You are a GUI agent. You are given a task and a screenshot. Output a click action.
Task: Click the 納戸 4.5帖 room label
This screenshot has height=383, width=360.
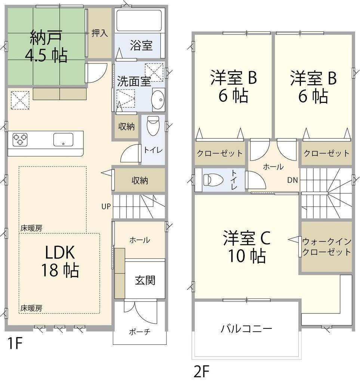pos(46,46)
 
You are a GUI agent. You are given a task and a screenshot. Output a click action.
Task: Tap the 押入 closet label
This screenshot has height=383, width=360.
pos(99,33)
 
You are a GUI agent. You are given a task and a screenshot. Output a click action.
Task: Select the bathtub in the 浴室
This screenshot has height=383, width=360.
pos(138,21)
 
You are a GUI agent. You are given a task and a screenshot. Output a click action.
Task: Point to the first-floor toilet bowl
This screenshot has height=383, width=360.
pos(153,126)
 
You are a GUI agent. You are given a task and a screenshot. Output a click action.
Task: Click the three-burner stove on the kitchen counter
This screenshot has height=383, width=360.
pos(20,140)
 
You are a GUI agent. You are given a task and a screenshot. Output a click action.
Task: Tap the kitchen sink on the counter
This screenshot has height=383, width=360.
pos(63,140)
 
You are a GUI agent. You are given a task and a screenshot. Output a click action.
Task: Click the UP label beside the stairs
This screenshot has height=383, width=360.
pos(106,206)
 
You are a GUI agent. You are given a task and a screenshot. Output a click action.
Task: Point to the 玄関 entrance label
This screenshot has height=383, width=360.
pos(145,280)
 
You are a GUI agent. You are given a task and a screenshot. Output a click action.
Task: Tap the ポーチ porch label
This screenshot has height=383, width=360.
pos(139,332)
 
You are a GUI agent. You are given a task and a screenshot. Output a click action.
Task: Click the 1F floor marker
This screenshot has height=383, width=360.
pos(15,343)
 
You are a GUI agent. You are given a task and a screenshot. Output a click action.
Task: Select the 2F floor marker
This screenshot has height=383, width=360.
pos(201,371)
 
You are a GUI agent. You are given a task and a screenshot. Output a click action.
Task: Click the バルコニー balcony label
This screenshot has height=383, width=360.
pos(246,329)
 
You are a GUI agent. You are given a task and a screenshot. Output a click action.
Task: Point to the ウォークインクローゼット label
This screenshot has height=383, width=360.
pos(327,247)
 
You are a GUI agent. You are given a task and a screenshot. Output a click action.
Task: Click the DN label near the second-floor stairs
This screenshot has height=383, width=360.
pos(293,180)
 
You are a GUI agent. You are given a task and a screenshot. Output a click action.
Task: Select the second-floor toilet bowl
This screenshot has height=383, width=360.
pos(213,179)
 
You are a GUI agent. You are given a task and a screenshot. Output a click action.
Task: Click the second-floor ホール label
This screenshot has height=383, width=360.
pos(273,167)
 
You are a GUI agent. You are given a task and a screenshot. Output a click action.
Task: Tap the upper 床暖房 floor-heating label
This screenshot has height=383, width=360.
pos(31,228)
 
